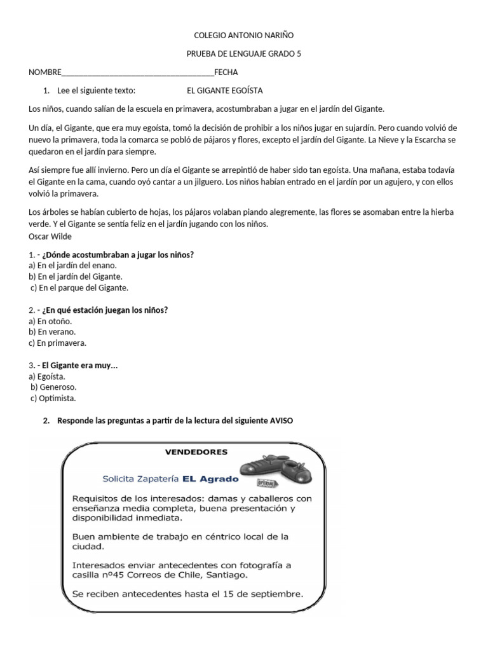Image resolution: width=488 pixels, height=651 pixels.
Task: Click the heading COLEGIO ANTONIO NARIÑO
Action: pyautogui.click(x=243, y=36)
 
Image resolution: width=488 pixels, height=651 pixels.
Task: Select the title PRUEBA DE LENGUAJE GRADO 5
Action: pyautogui.click(x=243, y=54)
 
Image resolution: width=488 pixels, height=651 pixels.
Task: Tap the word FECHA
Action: pyautogui.click(x=226, y=72)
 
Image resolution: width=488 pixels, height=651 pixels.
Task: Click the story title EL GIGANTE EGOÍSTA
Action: pyautogui.click(x=225, y=91)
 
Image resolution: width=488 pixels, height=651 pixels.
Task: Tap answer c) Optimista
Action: pyautogui.click(x=53, y=399)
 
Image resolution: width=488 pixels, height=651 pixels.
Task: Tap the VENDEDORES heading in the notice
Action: pyautogui.click(x=196, y=452)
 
